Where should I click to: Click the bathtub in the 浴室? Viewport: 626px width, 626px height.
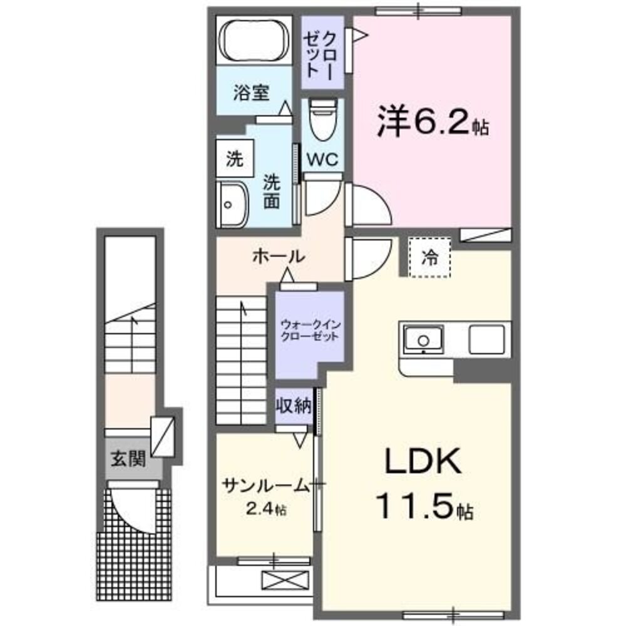click(x=253, y=41)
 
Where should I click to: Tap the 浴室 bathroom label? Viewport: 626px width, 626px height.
click(x=251, y=94)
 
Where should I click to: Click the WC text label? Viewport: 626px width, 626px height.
click(x=322, y=160)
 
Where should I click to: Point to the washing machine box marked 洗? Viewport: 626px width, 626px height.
click(x=234, y=160)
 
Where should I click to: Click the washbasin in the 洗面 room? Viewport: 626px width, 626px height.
click(x=231, y=203)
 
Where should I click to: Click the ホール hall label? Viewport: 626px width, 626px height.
click(x=279, y=256)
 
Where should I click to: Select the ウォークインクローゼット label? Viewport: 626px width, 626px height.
click(x=309, y=330)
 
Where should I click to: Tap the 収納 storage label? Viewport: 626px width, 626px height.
click(x=294, y=406)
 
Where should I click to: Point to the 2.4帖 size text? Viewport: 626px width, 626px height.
click(x=264, y=510)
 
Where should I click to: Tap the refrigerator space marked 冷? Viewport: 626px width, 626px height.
click(x=430, y=257)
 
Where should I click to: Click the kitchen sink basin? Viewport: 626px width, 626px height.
click(x=424, y=340)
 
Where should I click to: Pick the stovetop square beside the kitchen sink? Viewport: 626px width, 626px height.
click(x=489, y=340)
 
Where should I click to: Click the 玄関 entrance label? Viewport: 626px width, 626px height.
click(x=128, y=460)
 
